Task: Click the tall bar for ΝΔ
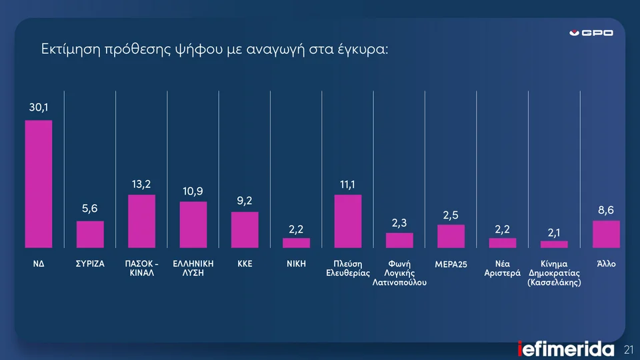tap(39, 184)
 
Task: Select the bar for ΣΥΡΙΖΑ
tap(90, 235)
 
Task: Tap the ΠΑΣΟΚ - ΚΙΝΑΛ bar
tap(141, 221)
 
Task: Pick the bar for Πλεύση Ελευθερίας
tap(347, 221)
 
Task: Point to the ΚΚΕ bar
tap(245, 230)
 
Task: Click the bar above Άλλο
tap(606, 234)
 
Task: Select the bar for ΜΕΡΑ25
tap(451, 237)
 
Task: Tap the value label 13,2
tap(141, 183)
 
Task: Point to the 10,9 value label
tap(193, 191)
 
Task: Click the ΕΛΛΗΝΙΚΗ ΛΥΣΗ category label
tap(193, 269)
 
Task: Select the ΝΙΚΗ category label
tap(296, 264)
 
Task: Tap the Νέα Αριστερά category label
tap(502, 269)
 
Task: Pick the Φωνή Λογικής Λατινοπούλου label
tap(399, 273)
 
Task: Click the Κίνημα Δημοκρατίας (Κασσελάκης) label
tap(554, 273)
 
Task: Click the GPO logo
tap(591, 33)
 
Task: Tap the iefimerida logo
tap(566, 349)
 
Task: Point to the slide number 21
tap(628, 349)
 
